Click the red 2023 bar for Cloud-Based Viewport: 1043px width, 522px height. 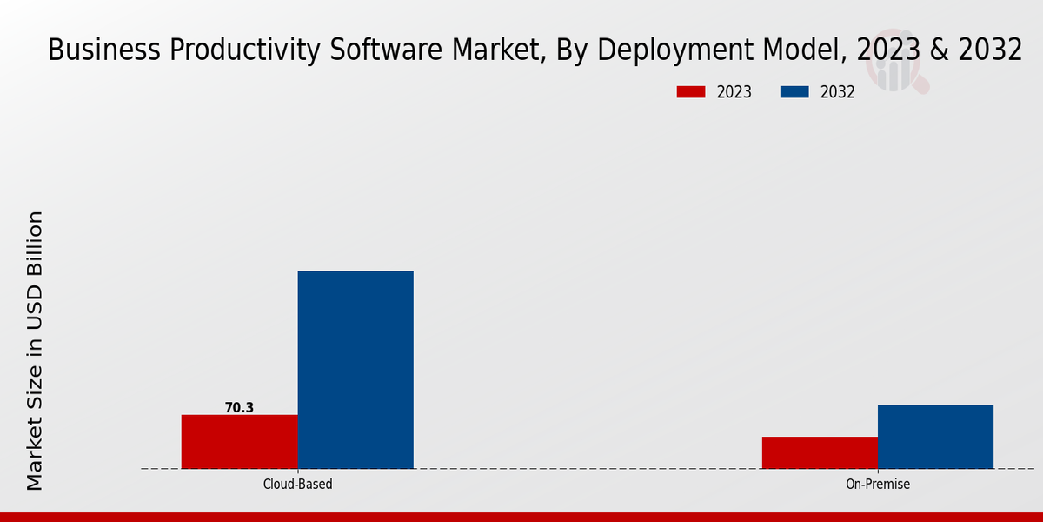tap(239, 441)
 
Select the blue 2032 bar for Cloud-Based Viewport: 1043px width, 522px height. tap(355, 370)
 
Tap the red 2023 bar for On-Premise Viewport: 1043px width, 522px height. tap(820, 452)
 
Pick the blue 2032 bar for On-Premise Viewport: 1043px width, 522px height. tap(935, 437)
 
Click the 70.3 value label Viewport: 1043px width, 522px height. tap(239, 407)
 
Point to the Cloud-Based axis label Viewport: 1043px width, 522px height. tap(297, 484)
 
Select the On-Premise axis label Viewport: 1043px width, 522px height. tap(878, 484)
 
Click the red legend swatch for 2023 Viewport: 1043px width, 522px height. tap(691, 92)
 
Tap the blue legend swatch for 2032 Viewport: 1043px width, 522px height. tap(794, 92)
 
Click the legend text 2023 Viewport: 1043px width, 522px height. tap(734, 92)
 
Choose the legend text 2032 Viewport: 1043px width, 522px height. tap(838, 92)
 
